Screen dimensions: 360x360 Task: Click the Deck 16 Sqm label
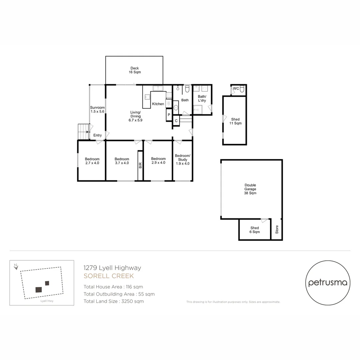pos(135,70)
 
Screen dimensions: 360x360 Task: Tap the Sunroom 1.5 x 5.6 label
pos(97,110)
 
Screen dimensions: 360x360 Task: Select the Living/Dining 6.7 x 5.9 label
pos(135,116)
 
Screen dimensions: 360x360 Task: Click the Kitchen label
pos(158,104)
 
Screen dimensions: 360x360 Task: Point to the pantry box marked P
pos(169,115)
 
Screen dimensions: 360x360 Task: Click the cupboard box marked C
pos(176,121)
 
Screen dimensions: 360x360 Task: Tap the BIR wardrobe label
pos(140,165)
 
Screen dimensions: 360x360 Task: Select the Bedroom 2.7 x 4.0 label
pos(92,161)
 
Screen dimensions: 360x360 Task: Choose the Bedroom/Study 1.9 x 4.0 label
pos(183,160)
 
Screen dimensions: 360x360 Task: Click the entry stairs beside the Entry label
pos(83,131)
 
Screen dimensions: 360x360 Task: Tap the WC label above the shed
pos(236,88)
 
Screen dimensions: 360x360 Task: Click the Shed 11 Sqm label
pos(235,121)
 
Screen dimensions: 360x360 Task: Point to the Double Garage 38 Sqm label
pos(250,189)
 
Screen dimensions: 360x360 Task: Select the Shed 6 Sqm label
pos(255,230)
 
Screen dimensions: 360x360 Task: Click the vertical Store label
pos(277,230)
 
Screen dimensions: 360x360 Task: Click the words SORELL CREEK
pos(109,276)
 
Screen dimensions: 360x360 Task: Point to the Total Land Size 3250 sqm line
pos(114,301)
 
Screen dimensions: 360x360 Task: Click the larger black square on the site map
pos(39,289)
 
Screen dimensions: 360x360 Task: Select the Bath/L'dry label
pos(202,98)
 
